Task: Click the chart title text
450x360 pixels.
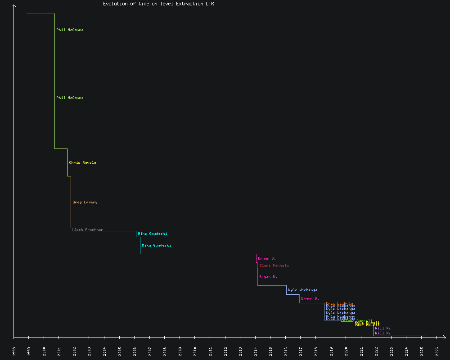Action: pyautogui.click(x=158, y=4)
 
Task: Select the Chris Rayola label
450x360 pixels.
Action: pyautogui.click(x=82, y=162)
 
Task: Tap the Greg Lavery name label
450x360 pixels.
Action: pyautogui.click(x=85, y=202)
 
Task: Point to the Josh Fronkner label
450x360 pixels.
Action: pyautogui.click(x=88, y=229)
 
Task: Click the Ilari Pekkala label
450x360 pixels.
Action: pyautogui.click(x=274, y=265)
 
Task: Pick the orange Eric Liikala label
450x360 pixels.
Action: pyautogui.click(x=339, y=303)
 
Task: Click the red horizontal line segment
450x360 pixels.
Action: pyautogui.click(x=40, y=13)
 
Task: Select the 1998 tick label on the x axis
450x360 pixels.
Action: pyautogui.click(x=14, y=351)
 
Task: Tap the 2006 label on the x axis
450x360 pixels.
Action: pyautogui.click(x=135, y=351)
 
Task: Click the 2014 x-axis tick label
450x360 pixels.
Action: pyautogui.click(x=256, y=351)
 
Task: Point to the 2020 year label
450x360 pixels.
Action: pyautogui.click(x=346, y=351)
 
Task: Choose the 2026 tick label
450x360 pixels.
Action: pyautogui.click(x=437, y=351)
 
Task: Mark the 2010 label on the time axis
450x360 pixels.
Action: pyautogui.click(x=195, y=351)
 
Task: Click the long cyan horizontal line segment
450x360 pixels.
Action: pyautogui.click(x=198, y=254)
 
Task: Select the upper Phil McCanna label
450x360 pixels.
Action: pyautogui.click(x=70, y=30)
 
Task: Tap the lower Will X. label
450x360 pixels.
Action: pyautogui.click(x=382, y=333)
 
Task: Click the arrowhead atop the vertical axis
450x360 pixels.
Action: pyautogui.click(x=14, y=6)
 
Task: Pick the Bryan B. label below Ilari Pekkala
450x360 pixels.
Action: pyautogui.click(x=268, y=277)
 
